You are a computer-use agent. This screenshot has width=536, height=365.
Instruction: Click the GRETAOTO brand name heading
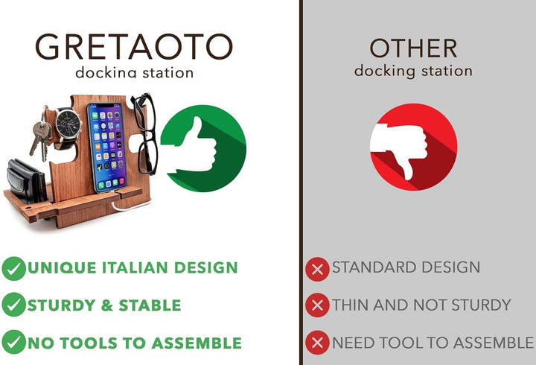[x=134, y=47]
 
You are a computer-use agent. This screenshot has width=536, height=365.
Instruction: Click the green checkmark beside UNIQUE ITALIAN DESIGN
[x=13, y=268]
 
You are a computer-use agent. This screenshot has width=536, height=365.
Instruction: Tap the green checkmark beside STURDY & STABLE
[x=13, y=305]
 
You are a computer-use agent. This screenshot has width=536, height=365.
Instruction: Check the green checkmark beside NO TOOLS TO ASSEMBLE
[x=13, y=343]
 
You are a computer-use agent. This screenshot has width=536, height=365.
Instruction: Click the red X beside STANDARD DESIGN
[x=317, y=268]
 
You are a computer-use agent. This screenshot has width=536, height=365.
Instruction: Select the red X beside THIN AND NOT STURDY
[x=317, y=305]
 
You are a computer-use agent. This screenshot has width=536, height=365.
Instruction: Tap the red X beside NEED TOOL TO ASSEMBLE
[x=317, y=343]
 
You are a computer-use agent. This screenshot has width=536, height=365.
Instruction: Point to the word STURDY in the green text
[x=60, y=305]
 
